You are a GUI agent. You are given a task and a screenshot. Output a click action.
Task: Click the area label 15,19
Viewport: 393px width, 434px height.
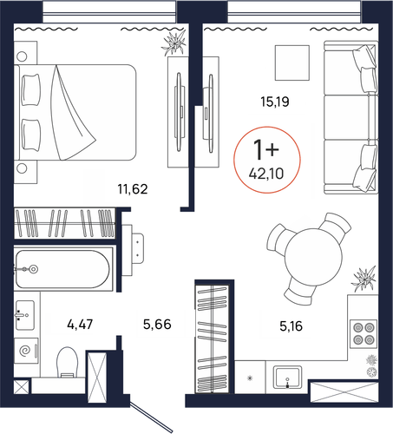[275, 102]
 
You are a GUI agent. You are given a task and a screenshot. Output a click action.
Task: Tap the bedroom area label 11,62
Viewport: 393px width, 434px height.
[133, 189]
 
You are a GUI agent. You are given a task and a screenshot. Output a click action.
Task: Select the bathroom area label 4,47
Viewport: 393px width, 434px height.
[80, 325]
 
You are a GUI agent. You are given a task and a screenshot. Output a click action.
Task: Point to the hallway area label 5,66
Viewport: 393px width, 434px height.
[157, 325]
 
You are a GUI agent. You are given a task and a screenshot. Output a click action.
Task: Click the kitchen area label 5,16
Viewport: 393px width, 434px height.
[291, 326]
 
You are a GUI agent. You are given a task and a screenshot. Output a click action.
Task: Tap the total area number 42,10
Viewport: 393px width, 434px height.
[266, 174]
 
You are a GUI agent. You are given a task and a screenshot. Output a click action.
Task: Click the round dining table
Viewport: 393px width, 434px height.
[313, 257]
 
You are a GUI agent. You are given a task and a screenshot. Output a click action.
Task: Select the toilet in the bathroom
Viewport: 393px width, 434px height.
[68, 362]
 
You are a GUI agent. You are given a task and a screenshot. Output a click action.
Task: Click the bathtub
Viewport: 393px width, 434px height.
[63, 269]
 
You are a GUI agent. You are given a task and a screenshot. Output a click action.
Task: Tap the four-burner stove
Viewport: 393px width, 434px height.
[364, 333]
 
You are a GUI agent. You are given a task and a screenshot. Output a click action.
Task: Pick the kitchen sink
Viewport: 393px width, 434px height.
[288, 377]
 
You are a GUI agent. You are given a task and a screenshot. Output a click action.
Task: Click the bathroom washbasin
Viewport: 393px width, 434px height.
[25, 315]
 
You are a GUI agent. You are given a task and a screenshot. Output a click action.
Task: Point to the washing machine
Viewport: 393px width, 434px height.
[26, 351]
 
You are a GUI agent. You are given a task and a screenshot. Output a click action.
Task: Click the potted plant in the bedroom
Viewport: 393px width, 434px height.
[174, 43]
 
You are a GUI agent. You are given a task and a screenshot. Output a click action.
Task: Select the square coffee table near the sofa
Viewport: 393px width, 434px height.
[292, 62]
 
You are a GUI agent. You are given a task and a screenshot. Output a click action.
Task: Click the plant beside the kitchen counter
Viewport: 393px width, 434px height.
[364, 279]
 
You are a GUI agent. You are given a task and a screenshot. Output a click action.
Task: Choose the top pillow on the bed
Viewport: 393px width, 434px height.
[31, 90]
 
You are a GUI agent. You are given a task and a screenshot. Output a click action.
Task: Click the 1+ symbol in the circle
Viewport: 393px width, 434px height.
[265, 149]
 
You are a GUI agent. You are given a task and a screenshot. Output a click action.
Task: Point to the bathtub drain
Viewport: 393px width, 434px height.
[34, 269]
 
